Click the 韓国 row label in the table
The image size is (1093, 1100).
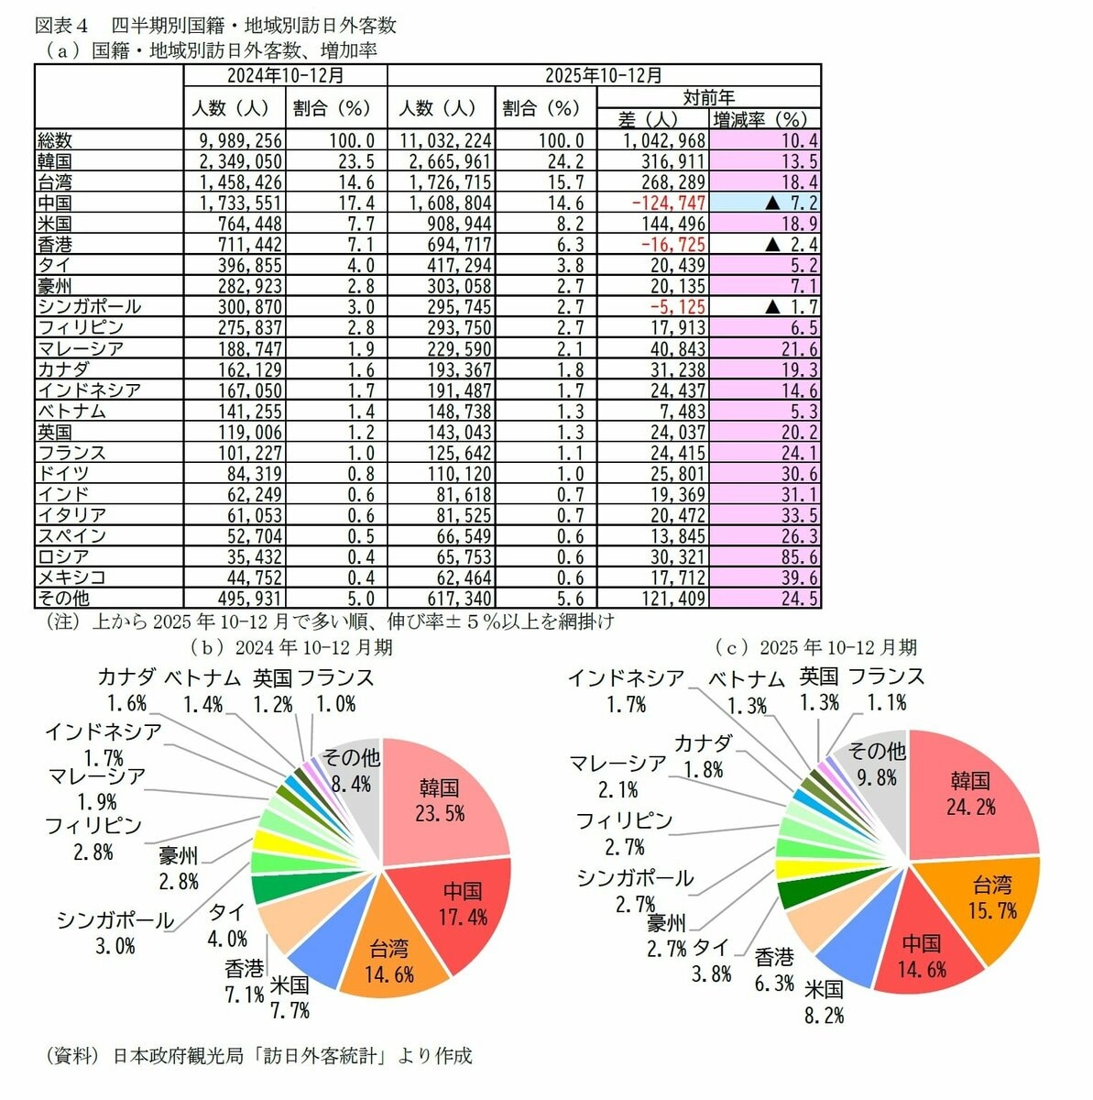55,161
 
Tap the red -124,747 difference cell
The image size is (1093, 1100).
652,203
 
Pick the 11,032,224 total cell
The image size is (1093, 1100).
443,141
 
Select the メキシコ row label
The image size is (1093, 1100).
71,577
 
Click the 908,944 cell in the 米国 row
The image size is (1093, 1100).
443,224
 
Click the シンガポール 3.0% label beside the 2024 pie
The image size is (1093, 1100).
115,932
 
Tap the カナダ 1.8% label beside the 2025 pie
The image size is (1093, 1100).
704,756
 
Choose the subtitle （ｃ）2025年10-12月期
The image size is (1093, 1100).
815,647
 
